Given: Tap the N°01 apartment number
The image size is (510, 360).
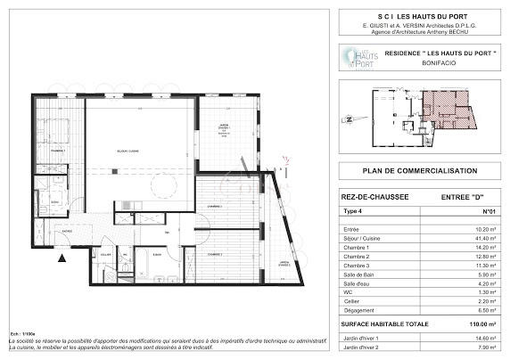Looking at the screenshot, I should pos(488,212).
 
